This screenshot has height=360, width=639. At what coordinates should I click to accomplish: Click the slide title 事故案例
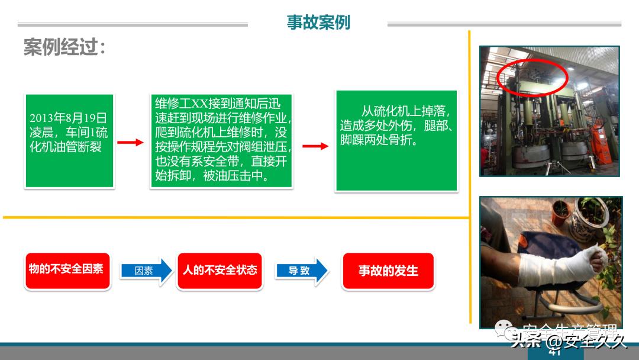[318, 22]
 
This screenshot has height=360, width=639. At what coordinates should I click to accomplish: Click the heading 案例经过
[64, 47]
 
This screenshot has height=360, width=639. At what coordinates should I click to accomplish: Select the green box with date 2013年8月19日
[69, 141]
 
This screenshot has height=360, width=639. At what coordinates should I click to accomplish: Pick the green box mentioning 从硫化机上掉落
[396, 141]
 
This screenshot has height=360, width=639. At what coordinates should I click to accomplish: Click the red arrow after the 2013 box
[130, 143]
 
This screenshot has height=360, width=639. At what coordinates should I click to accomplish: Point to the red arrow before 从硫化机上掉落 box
[315, 146]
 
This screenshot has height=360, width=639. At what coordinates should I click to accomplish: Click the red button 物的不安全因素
[67, 270]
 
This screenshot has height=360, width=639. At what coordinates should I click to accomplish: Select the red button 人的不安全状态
[220, 271]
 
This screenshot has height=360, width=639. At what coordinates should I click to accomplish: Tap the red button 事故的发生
[388, 271]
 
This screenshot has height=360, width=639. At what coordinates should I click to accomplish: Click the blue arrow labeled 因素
[146, 271]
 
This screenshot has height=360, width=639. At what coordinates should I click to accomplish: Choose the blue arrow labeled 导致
[301, 271]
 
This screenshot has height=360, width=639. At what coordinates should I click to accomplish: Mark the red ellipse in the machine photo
[532, 78]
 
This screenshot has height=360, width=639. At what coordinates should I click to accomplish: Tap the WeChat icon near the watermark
[505, 328]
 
